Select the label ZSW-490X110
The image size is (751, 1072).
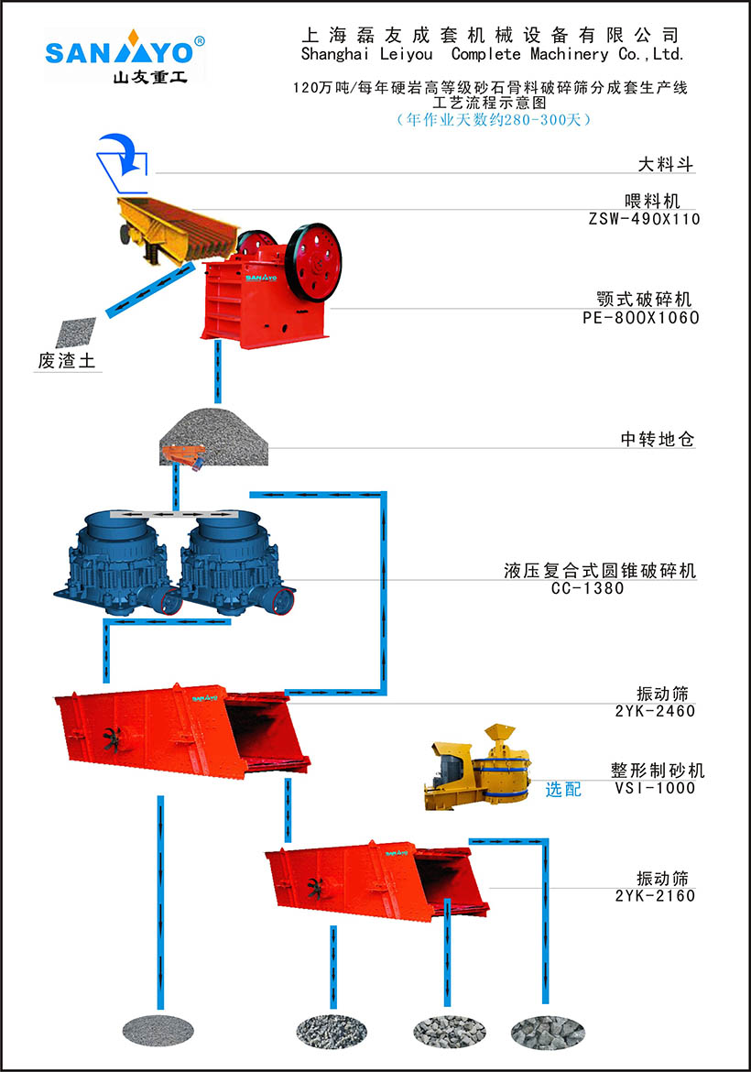pyautogui.click(x=645, y=219)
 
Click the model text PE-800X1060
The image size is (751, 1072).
pyautogui.click(x=640, y=318)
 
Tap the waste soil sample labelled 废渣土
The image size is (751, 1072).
pyautogui.click(x=75, y=333)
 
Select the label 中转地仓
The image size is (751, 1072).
pyautogui.click(x=658, y=440)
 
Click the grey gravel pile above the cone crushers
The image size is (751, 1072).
pyautogui.click(x=212, y=434)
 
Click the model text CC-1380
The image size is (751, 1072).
pyautogui.click(x=587, y=588)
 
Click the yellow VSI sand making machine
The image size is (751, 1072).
pyautogui.click(x=471, y=767)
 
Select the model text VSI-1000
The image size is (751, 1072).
pyautogui.click(x=655, y=788)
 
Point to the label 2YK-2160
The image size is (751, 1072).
pyautogui.click(x=655, y=895)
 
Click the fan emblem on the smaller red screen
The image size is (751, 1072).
pyautogui.click(x=318, y=888)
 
